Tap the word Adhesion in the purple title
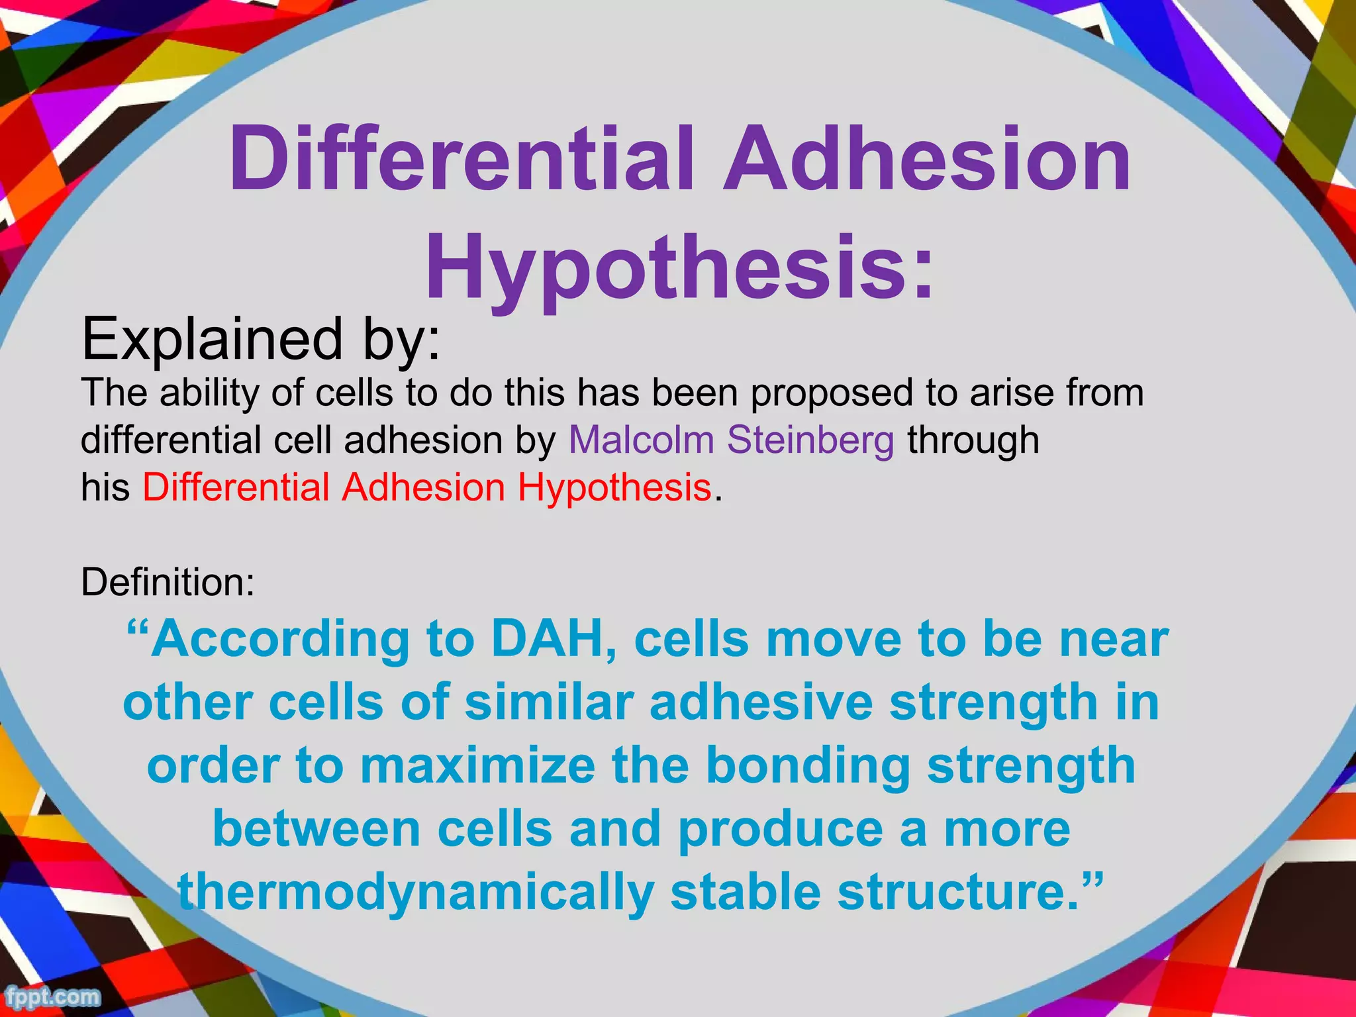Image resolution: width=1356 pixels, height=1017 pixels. (x=926, y=159)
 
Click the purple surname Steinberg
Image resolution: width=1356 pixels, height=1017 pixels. (x=810, y=440)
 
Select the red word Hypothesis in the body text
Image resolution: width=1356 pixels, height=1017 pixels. (x=614, y=487)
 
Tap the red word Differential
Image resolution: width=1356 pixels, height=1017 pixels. (x=236, y=487)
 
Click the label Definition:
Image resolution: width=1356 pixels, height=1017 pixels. (x=168, y=582)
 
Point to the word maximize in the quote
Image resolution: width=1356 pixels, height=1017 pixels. (x=477, y=765)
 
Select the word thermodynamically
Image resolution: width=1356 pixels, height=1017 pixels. (x=416, y=891)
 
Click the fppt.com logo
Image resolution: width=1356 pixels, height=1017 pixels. (x=52, y=996)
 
